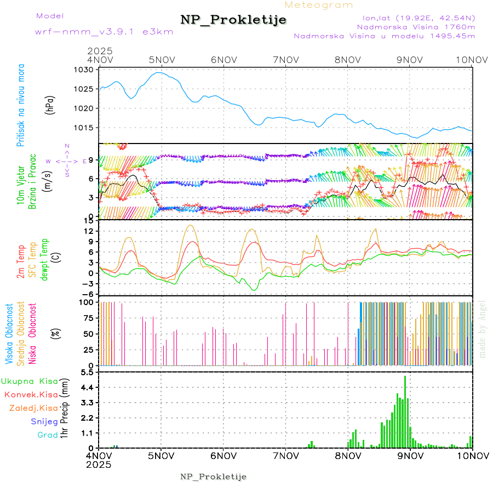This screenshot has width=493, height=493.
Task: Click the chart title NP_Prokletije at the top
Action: (x=234, y=20)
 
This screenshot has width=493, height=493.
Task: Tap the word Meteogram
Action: (x=319, y=5)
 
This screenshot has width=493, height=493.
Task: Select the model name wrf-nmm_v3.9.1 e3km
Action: (x=104, y=31)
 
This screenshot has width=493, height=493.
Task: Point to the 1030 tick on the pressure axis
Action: (x=85, y=70)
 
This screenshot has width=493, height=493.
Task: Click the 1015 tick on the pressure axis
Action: (x=85, y=128)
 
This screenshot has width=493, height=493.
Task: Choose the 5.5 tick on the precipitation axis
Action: (x=88, y=372)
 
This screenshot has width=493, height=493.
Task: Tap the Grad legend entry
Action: (x=47, y=435)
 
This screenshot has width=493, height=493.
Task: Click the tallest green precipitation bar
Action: (x=405, y=411)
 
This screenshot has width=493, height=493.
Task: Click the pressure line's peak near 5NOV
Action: (x=159, y=72)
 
